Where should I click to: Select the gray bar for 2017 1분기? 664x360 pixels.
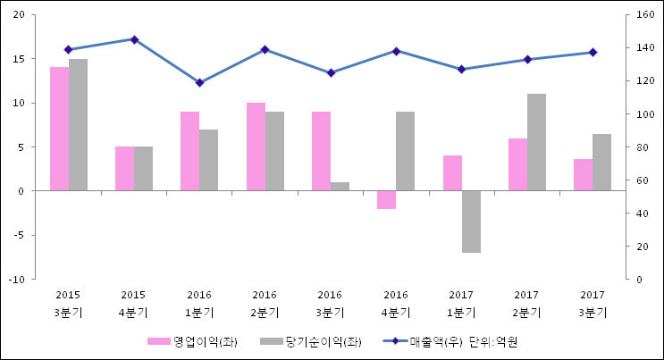coord(471,222)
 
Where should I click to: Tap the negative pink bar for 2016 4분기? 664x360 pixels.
coord(386,199)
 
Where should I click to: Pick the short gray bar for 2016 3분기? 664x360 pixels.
coord(340,187)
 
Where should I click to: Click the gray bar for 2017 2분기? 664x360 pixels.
coord(536,142)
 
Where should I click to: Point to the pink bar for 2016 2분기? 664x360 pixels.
coord(256,147)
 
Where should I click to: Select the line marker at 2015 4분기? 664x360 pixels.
coord(134,39)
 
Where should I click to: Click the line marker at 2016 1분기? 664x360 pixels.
coord(199,82)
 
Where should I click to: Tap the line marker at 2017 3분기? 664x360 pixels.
coord(593,52)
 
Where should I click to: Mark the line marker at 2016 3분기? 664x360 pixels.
coord(331,72)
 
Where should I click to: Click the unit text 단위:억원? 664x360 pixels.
coord(493,341)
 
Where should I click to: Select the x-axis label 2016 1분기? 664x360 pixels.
coord(199,303)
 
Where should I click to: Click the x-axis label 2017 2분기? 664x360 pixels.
coord(526,303)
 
